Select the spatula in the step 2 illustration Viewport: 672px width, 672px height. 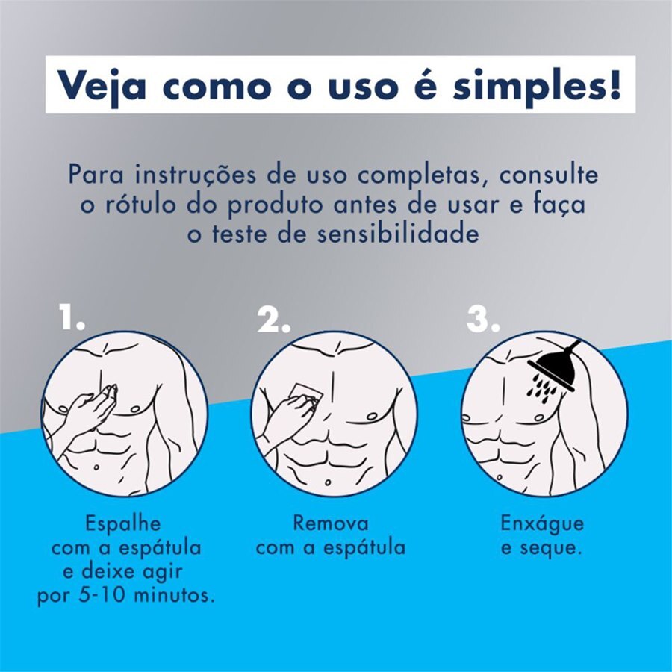(x=305, y=393)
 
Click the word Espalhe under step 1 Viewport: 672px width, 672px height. (x=122, y=523)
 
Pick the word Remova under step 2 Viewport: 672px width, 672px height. (x=330, y=523)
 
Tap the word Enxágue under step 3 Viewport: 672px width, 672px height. (x=542, y=523)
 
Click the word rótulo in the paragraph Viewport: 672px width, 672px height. (x=157, y=205)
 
